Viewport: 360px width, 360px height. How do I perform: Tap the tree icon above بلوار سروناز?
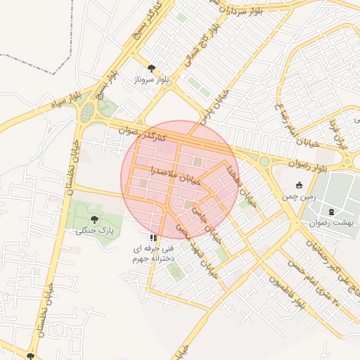[151, 68]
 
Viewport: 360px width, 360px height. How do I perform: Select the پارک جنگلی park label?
[94, 230]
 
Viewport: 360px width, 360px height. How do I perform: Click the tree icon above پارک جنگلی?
[95, 219]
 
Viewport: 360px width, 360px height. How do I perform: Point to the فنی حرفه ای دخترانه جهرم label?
[153, 254]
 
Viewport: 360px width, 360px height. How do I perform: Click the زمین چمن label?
[300, 198]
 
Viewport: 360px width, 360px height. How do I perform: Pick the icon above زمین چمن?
[300, 186]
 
